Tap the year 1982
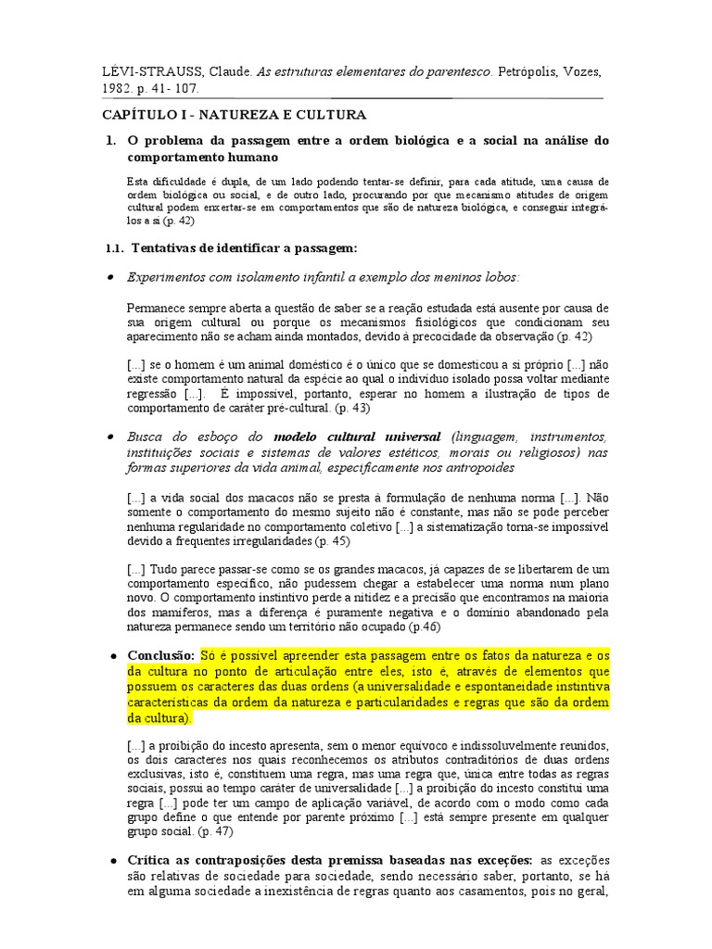tap(120, 90)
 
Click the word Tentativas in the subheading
tap(165, 248)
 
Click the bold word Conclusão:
tap(159, 656)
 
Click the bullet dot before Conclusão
tap(112, 656)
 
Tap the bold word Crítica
tap(153, 860)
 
